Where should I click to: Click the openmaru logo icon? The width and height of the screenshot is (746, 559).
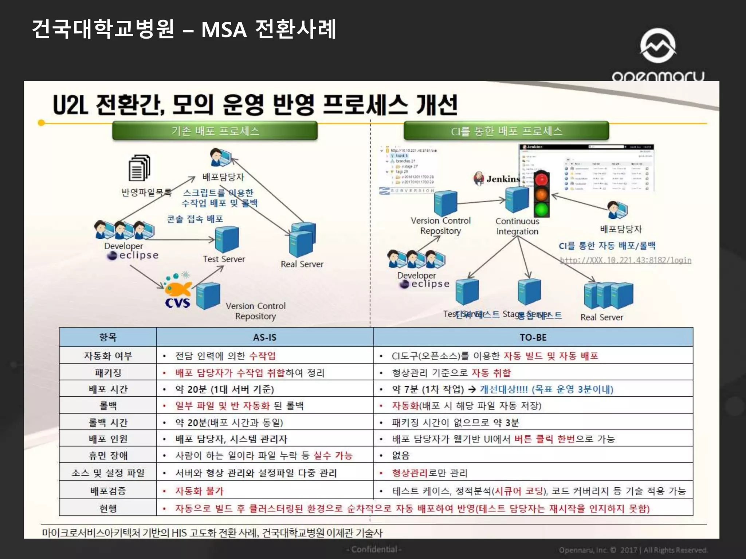pos(658,45)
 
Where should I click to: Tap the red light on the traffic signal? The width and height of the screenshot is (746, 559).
pos(542,179)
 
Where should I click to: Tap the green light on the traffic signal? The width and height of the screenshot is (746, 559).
pos(542,210)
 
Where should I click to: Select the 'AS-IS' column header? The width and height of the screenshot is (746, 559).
pos(265,337)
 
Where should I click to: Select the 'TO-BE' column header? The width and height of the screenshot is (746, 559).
pos(533,337)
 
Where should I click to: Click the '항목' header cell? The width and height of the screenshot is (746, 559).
pos(108,337)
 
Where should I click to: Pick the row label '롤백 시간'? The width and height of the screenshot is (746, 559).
pos(108,423)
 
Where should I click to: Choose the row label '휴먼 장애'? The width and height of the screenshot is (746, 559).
pos(108,456)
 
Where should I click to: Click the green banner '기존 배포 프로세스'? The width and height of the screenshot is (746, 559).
pos(215,131)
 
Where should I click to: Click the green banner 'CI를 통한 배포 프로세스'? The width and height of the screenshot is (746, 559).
pos(506,131)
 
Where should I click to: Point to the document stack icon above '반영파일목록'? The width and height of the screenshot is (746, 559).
pos(139,168)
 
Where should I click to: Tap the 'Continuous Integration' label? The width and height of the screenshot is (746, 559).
pos(517,226)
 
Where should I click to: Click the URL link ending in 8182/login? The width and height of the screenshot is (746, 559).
pos(625,260)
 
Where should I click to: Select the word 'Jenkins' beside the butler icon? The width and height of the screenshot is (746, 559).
pos(503,179)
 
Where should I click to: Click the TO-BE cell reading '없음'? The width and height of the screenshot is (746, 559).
pos(401,456)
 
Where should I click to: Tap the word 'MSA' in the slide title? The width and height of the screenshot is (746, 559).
pos(224,30)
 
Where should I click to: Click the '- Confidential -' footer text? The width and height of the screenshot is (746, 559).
pos(374,549)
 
